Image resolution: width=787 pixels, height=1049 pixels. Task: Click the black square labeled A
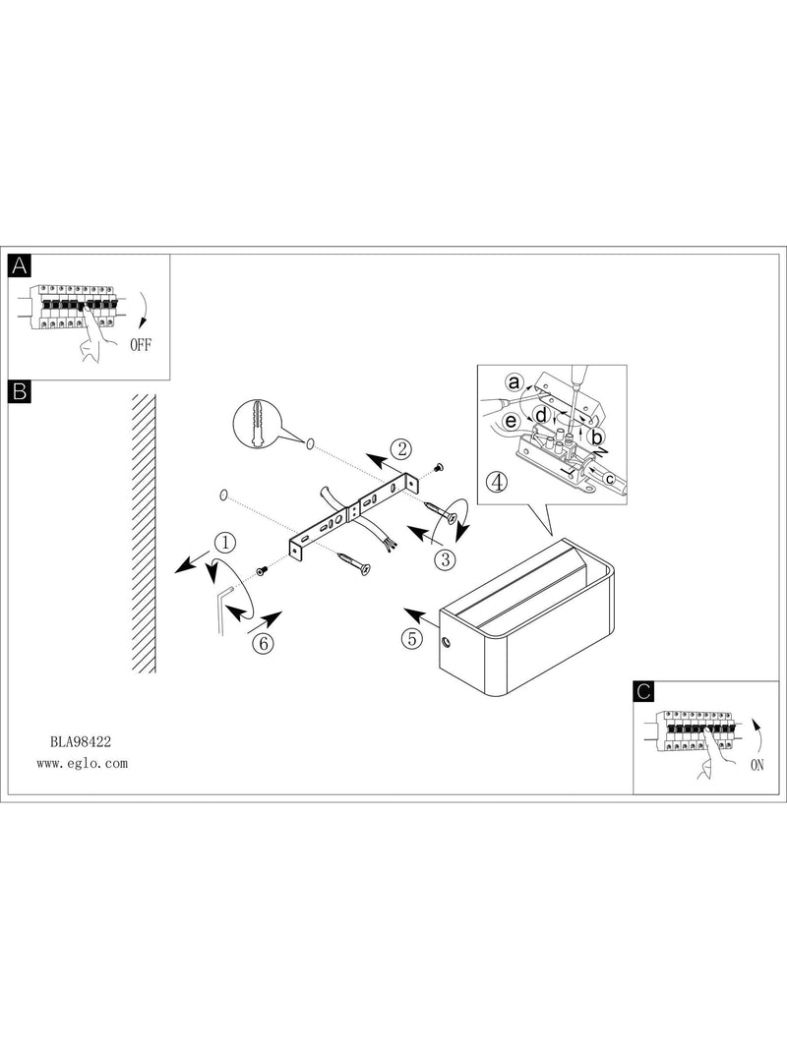pyautogui.click(x=20, y=265)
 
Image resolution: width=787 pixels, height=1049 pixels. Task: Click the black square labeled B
pyautogui.click(x=20, y=390)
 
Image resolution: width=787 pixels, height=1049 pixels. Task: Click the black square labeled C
pyautogui.click(x=643, y=691)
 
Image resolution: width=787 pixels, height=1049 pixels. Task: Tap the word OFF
pyautogui.click(x=141, y=345)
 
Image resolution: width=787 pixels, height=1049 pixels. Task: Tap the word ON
pyautogui.click(x=757, y=765)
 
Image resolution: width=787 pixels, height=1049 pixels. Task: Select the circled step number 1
pyautogui.click(x=225, y=543)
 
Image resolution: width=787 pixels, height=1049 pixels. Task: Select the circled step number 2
pyautogui.click(x=401, y=449)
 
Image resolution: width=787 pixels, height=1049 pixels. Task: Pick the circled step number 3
pyautogui.click(x=445, y=558)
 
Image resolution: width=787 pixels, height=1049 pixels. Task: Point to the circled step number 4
pyautogui.click(x=497, y=482)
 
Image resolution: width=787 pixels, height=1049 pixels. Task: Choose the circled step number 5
pyautogui.click(x=412, y=638)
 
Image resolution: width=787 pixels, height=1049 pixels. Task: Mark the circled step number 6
pyautogui.click(x=263, y=643)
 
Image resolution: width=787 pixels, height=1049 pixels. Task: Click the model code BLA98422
pyautogui.click(x=81, y=741)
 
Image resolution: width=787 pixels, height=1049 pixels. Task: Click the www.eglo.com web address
pyautogui.click(x=82, y=763)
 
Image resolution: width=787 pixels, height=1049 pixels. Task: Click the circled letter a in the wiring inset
pyautogui.click(x=514, y=383)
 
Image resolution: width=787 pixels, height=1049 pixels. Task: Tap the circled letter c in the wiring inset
pyautogui.click(x=608, y=479)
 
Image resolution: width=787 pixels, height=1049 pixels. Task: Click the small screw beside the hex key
pyautogui.click(x=262, y=571)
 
